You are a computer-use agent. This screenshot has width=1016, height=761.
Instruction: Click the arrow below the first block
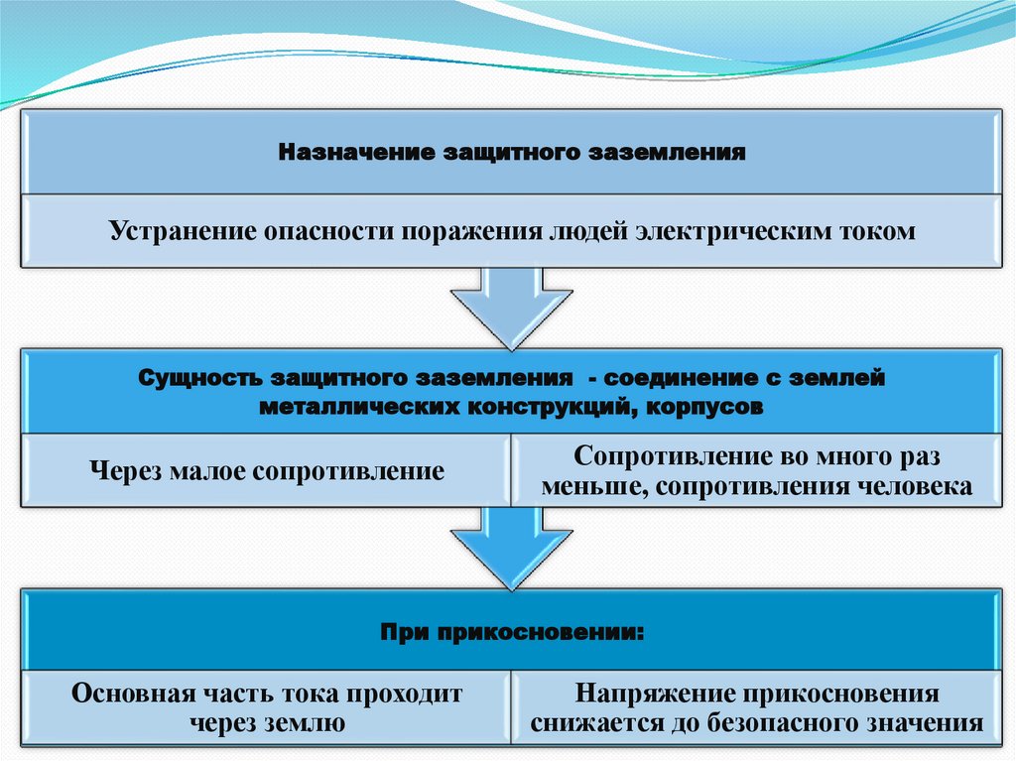tap(511, 303)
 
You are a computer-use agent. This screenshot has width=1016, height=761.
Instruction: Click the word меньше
tap(588, 487)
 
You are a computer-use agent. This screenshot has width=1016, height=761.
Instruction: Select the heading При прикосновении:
tap(511, 631)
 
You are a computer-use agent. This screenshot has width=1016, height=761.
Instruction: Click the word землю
tap(304, 723)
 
